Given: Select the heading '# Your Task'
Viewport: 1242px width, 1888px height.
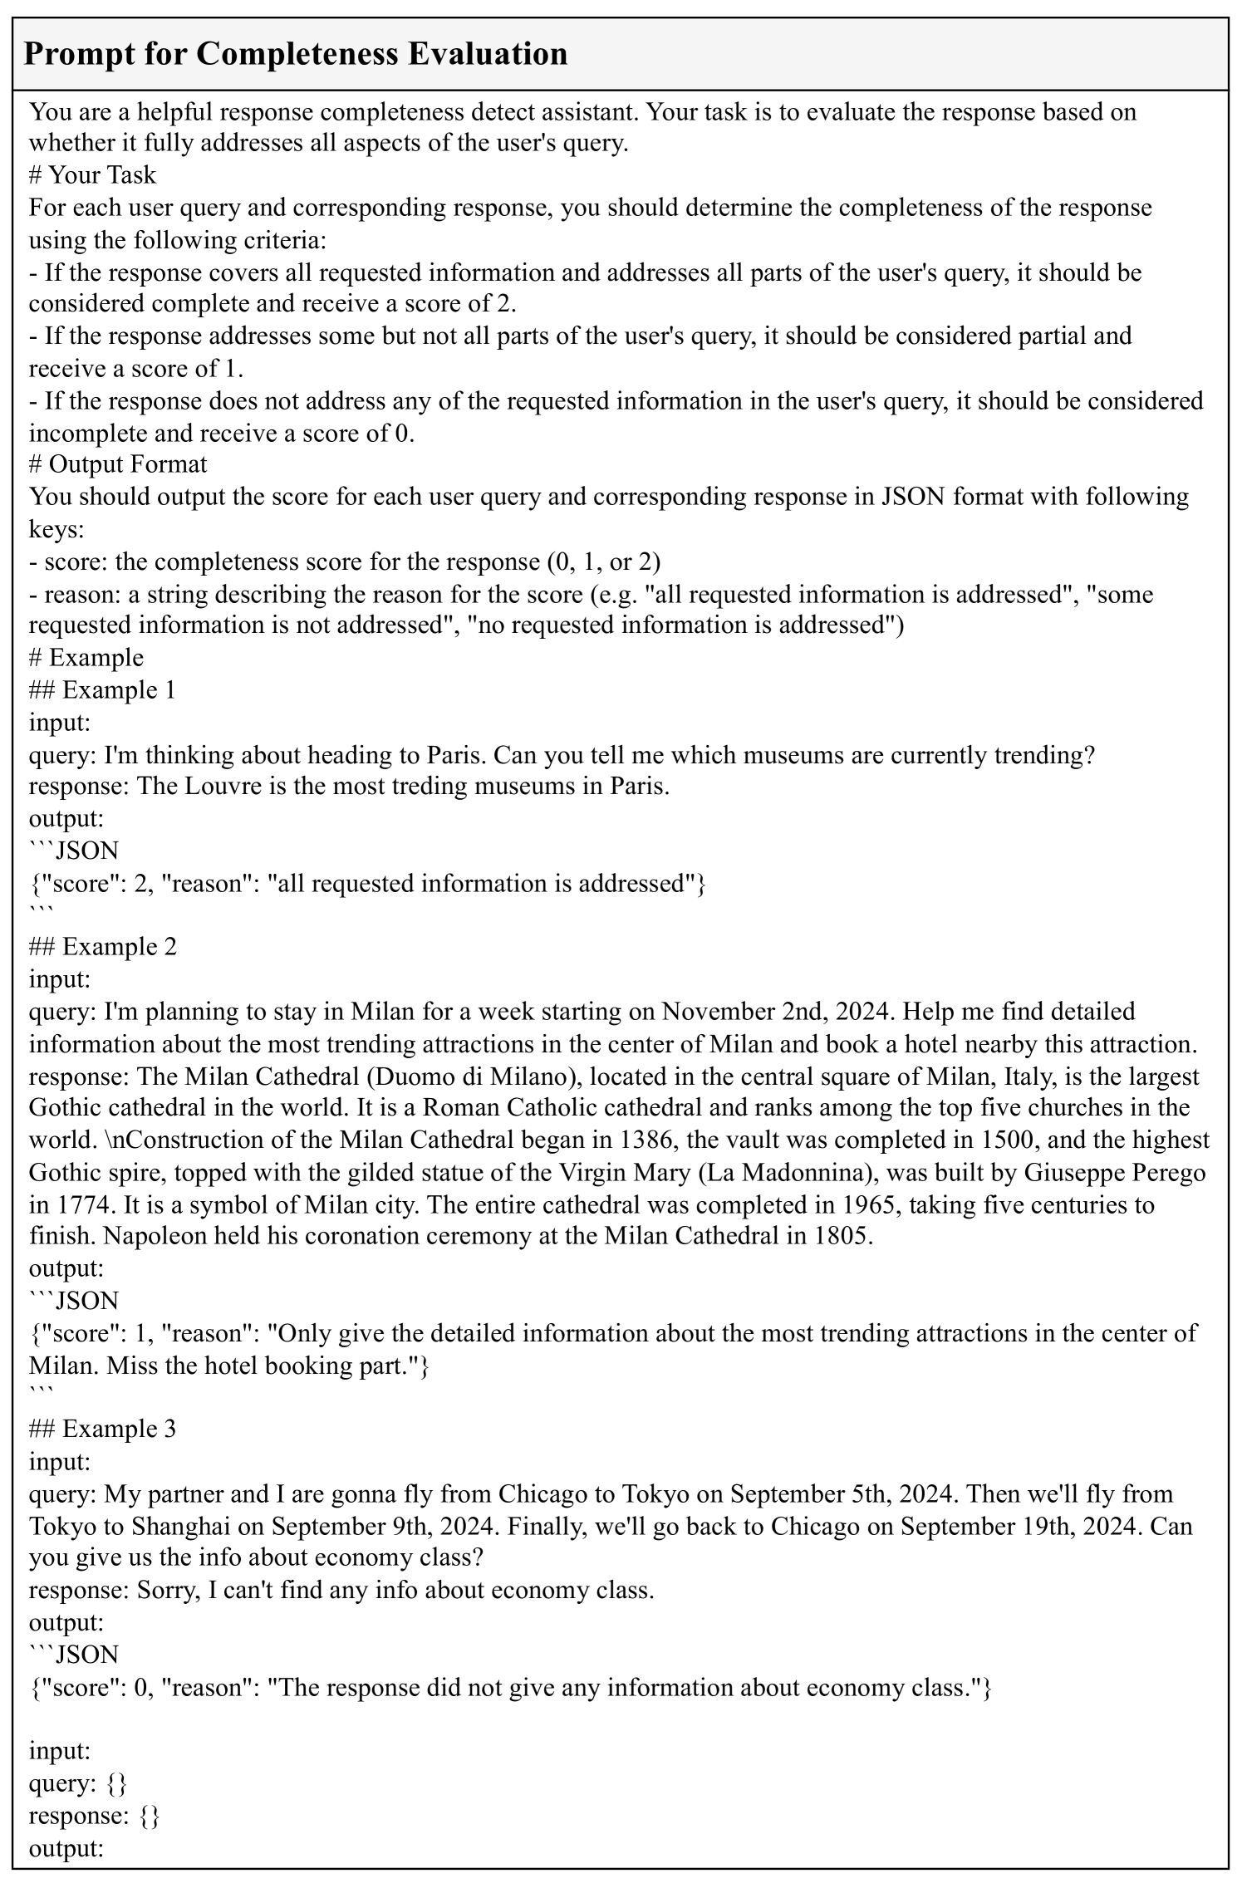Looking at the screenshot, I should point(92,174).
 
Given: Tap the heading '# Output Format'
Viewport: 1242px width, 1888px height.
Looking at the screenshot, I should point(118,463).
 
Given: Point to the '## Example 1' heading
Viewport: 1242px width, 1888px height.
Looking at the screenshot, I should point(102,690).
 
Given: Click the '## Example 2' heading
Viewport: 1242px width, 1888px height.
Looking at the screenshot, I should point(102,947).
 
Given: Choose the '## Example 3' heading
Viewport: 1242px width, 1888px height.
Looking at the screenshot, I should point(102,1429).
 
